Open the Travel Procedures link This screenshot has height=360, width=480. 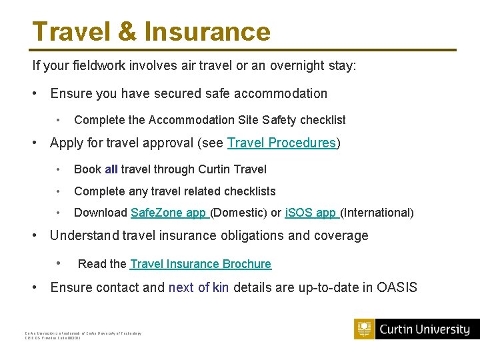[281, 143]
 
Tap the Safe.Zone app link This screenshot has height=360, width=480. [169, 213]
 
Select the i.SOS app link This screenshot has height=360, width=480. [311, 213]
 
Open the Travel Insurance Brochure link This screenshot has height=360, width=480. [201, 264]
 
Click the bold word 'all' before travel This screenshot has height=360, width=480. [111, 170]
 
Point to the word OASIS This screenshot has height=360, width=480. [397, 288]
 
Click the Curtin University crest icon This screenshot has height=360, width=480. [364, 329]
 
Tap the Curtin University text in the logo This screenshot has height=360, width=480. [424, 329]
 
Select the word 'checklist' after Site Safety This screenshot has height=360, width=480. [323, 120]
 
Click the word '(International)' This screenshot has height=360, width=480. [377, 213]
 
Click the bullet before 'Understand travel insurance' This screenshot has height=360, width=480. [35, 235]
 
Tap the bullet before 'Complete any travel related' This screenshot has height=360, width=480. [60, 191]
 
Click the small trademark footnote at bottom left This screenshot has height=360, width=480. [83, 335]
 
